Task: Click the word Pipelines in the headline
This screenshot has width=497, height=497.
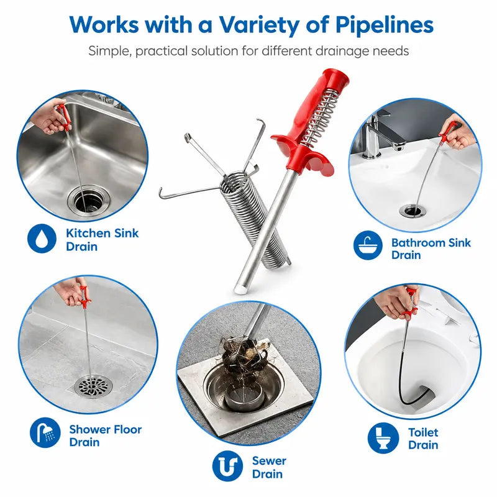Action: (x=384, y=25)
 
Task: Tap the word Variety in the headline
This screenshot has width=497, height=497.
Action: (x=259, y=25)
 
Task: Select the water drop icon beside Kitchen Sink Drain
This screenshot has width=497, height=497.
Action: (x=42, y=239)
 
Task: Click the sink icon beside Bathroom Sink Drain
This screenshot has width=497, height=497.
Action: (x=368, y=245)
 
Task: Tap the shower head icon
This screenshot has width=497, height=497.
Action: (x=45, y=432)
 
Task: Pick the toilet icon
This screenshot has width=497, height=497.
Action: (x=383, y=438)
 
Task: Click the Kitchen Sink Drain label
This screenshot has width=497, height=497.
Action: (x=102, y=240)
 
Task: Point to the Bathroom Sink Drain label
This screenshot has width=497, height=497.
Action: (x=431, y=248)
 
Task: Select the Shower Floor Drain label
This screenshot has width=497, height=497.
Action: (x=105, y=435)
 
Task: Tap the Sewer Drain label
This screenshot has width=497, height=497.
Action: (x=269, y=467)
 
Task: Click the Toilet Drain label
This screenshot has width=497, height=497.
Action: (x=423, y=439)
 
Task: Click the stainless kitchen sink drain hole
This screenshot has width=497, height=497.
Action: (x=88, y=200)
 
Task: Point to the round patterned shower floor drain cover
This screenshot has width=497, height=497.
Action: (x=93, y=386)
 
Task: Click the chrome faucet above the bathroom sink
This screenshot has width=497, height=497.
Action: (x=380, y=137)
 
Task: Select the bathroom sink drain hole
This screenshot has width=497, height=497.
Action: (x=412, y=211)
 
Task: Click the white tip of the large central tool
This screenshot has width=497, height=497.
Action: (x=240, y=289)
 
